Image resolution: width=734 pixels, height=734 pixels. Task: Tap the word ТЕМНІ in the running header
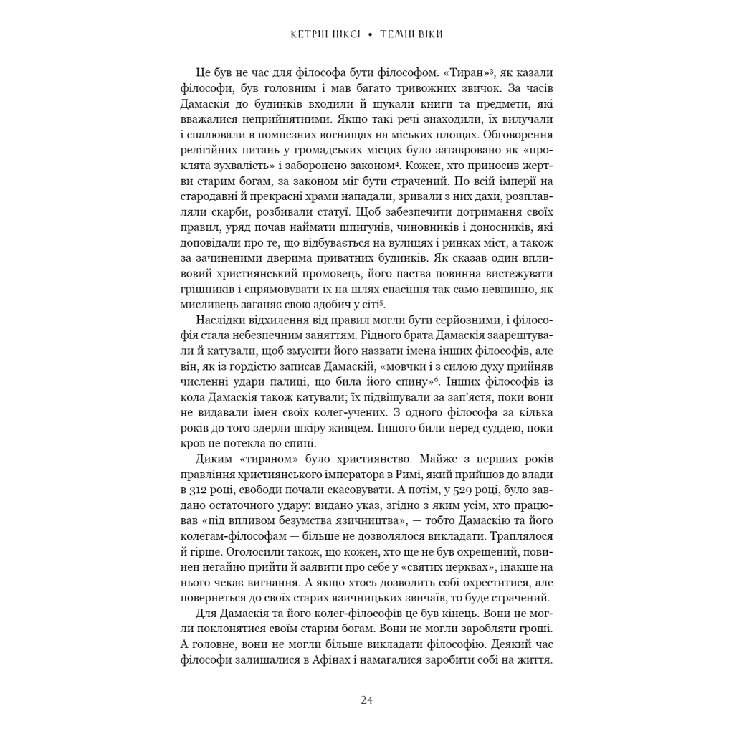click(x=401, y=34)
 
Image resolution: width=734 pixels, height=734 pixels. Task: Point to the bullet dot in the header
click(x=370, y=34)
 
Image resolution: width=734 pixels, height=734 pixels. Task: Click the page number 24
click(x=367, y=700)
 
